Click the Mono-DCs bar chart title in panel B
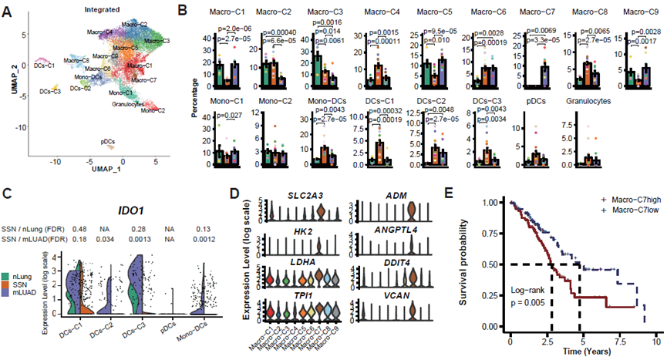[330, 101]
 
